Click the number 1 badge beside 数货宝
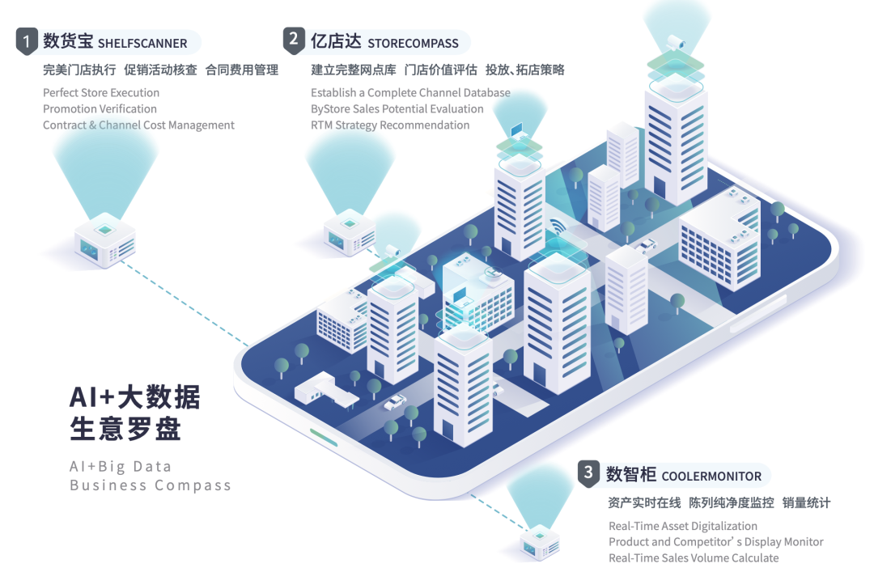pyautogui.click(x=28, y=41)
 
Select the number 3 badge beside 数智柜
pyautogui.click(x=588, y=474)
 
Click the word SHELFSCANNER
pyautogui.click(x=142, y=44)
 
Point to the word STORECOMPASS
pyautogui.click(x=413, y=44)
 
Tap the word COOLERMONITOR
pyautogui.click(x=711, y=477)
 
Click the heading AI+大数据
pyautogui.click(x=135, y=397)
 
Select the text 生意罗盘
pyautogui.click(x=125, y=429)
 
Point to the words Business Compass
pyautogui.click(x=151, y=485)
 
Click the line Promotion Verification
pyautogui.click(x=100, y=109)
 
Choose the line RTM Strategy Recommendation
pyautogui.click(x=390, y=125)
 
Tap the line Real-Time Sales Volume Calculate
pyautogui.click(x=694, y=558)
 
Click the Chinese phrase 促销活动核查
pyautogui.click(x=160, y=70)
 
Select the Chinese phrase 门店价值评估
pyautogui.click(x=440, y=70)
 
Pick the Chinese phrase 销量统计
pyautogui.click(x=806, y=503)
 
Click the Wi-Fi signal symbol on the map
pyautogui.click(x=558, y=226)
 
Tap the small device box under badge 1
pyautogui.click(x=104, y=240)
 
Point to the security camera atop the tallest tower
pyautogui.click(x=674, y=40)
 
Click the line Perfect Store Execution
pyautogui.click(x=101, y=93)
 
